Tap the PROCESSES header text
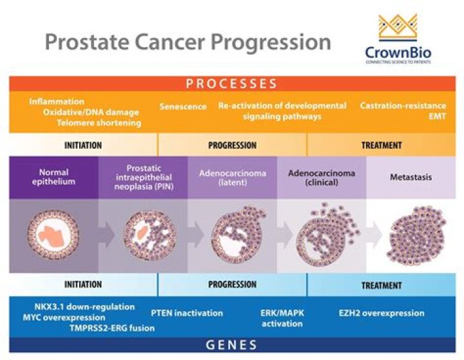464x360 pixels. coord(231,84)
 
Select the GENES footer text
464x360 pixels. coord(231,345)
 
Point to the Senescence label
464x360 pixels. coord(183,106)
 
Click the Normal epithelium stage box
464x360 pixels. coord(53,177)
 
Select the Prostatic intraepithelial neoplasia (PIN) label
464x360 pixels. coord(143,177)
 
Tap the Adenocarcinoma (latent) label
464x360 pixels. coord(233,177)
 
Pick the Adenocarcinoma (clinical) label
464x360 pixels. coord(321,177)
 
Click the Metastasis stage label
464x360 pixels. coord(411,177)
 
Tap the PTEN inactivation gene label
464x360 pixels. coord(187,313)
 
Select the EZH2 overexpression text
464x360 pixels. coord(382,313)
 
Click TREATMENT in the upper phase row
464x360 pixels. coord(381,145)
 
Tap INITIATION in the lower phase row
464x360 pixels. coord(83,284)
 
